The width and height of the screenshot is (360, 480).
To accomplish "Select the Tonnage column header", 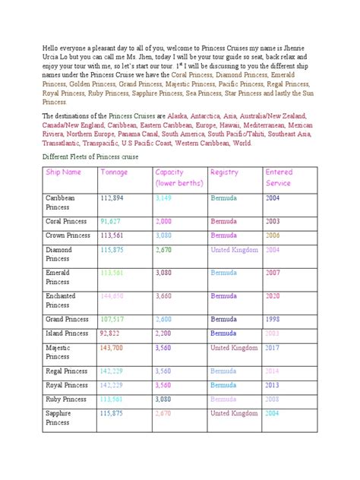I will pyautogui.click(x=115, y=172).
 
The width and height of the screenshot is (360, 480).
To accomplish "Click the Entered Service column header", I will pyautogui.click(x=279, y=178).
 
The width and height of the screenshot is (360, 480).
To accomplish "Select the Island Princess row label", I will pyautogui.click(x=67, y=333).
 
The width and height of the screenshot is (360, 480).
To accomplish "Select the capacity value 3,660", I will pyautogui.click(x=166, y=297).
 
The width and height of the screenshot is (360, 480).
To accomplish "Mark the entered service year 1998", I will pyautogui.click(x=273, y=320).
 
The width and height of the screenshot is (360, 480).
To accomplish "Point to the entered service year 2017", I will pyautogui.click(x=273, y=348).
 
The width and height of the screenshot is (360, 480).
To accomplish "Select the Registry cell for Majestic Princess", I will pyautogui.click(x=234, y=348).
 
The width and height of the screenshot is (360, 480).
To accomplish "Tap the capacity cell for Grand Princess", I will pyautogui.click(x=166, y=320).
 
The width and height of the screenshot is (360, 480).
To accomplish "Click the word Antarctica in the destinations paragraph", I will pyautogui.click(x=202, y=115).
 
